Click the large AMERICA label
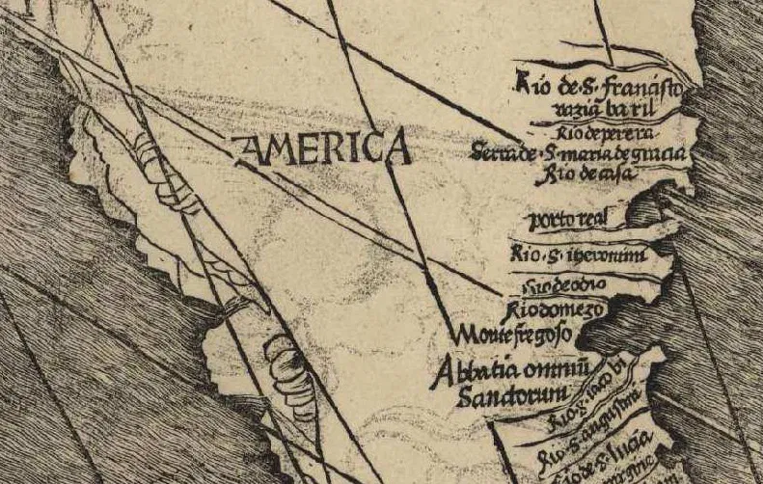click(x=323, y=149)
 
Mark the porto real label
click(x=580, y=221)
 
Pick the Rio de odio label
click(x=564, y=286)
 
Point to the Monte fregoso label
click(x=514, y=335)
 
